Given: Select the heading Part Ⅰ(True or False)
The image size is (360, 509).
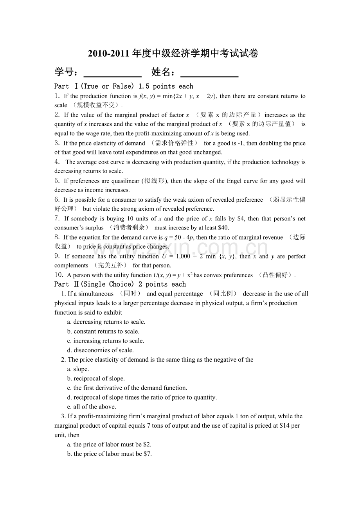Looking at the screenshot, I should (x=124, y=86).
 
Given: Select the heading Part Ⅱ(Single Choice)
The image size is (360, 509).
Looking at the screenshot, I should (x=120, y=284).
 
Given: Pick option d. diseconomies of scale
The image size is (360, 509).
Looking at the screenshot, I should (x=101, y=350).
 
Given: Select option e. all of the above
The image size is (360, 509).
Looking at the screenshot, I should (x=92, y=407).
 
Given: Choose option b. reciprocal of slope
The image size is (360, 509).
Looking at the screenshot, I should (x=96, y=378).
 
